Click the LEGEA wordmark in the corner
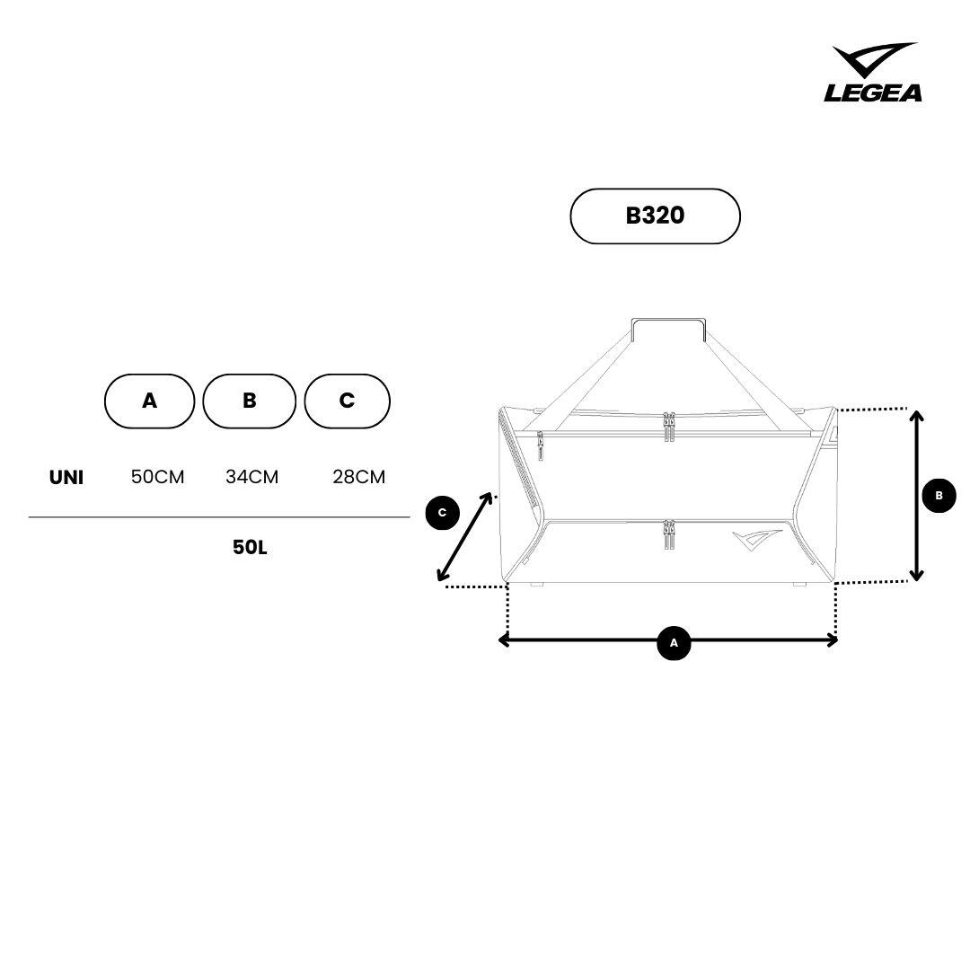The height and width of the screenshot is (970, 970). pos(872,93)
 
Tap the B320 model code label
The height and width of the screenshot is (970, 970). pos(655,216)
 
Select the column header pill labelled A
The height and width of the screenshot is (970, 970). pos(150,401)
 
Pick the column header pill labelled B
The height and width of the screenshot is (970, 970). pos(250,401)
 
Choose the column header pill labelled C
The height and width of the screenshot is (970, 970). pos(347,401)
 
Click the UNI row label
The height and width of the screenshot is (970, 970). pos(66,477)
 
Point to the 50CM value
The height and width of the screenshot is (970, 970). pos(158,477)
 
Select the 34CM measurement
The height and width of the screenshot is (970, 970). pos(251,477)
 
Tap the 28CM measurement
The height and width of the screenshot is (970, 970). pos(358,477)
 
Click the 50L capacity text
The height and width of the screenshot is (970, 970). pos(250,548)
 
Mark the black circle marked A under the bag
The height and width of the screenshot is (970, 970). pos(674,643)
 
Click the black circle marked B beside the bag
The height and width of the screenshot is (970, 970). pos(939,496)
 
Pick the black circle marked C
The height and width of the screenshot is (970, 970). pos(442,513)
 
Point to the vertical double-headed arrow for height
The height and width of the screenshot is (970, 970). pos(917,496)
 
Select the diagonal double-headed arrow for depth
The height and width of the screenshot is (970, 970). pos(464,536)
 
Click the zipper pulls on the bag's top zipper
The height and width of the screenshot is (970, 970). pos(669,427)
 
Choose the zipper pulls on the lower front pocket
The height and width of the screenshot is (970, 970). pos(669,534)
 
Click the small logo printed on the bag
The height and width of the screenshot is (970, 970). pos(757,540)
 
